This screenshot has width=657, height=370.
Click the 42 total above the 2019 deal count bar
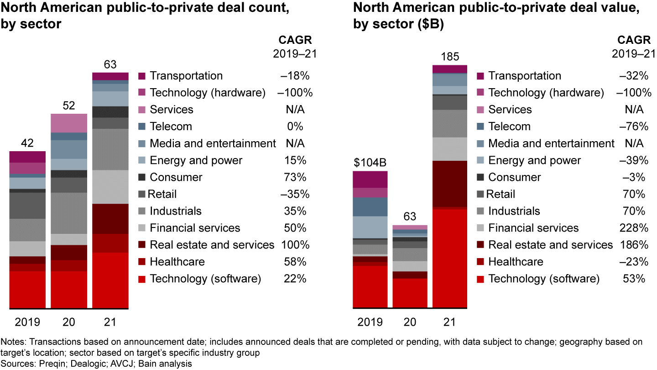click(x=27, y=143)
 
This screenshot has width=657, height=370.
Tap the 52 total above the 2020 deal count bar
click(x=68, y=106)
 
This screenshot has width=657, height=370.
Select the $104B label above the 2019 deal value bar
click(x=370, y=163)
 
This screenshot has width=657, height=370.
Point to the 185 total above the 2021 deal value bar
click(x=450, y=57)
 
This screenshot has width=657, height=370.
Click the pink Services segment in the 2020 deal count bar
click(x=68, y=123)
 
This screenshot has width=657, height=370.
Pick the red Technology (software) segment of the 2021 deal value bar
click(x=450, y=258)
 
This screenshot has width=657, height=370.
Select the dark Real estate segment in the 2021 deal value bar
click(x=450, y=184)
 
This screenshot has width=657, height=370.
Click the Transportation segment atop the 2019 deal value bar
click(x=370, y=179)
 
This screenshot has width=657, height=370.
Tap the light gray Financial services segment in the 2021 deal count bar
click(x=110, y=187)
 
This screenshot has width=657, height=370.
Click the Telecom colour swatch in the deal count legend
click(x=141, y=127)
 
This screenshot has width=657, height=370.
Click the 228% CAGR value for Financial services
click(x=635, y=228)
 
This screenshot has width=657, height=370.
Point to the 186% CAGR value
click(x=635, y=245)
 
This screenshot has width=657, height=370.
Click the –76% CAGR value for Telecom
click(x=635, y=127)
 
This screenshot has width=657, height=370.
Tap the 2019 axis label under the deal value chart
click(x=370, y=322)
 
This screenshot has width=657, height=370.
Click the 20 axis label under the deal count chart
click(x=68, y=322)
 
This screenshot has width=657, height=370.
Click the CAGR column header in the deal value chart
click(x=635, y=40)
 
